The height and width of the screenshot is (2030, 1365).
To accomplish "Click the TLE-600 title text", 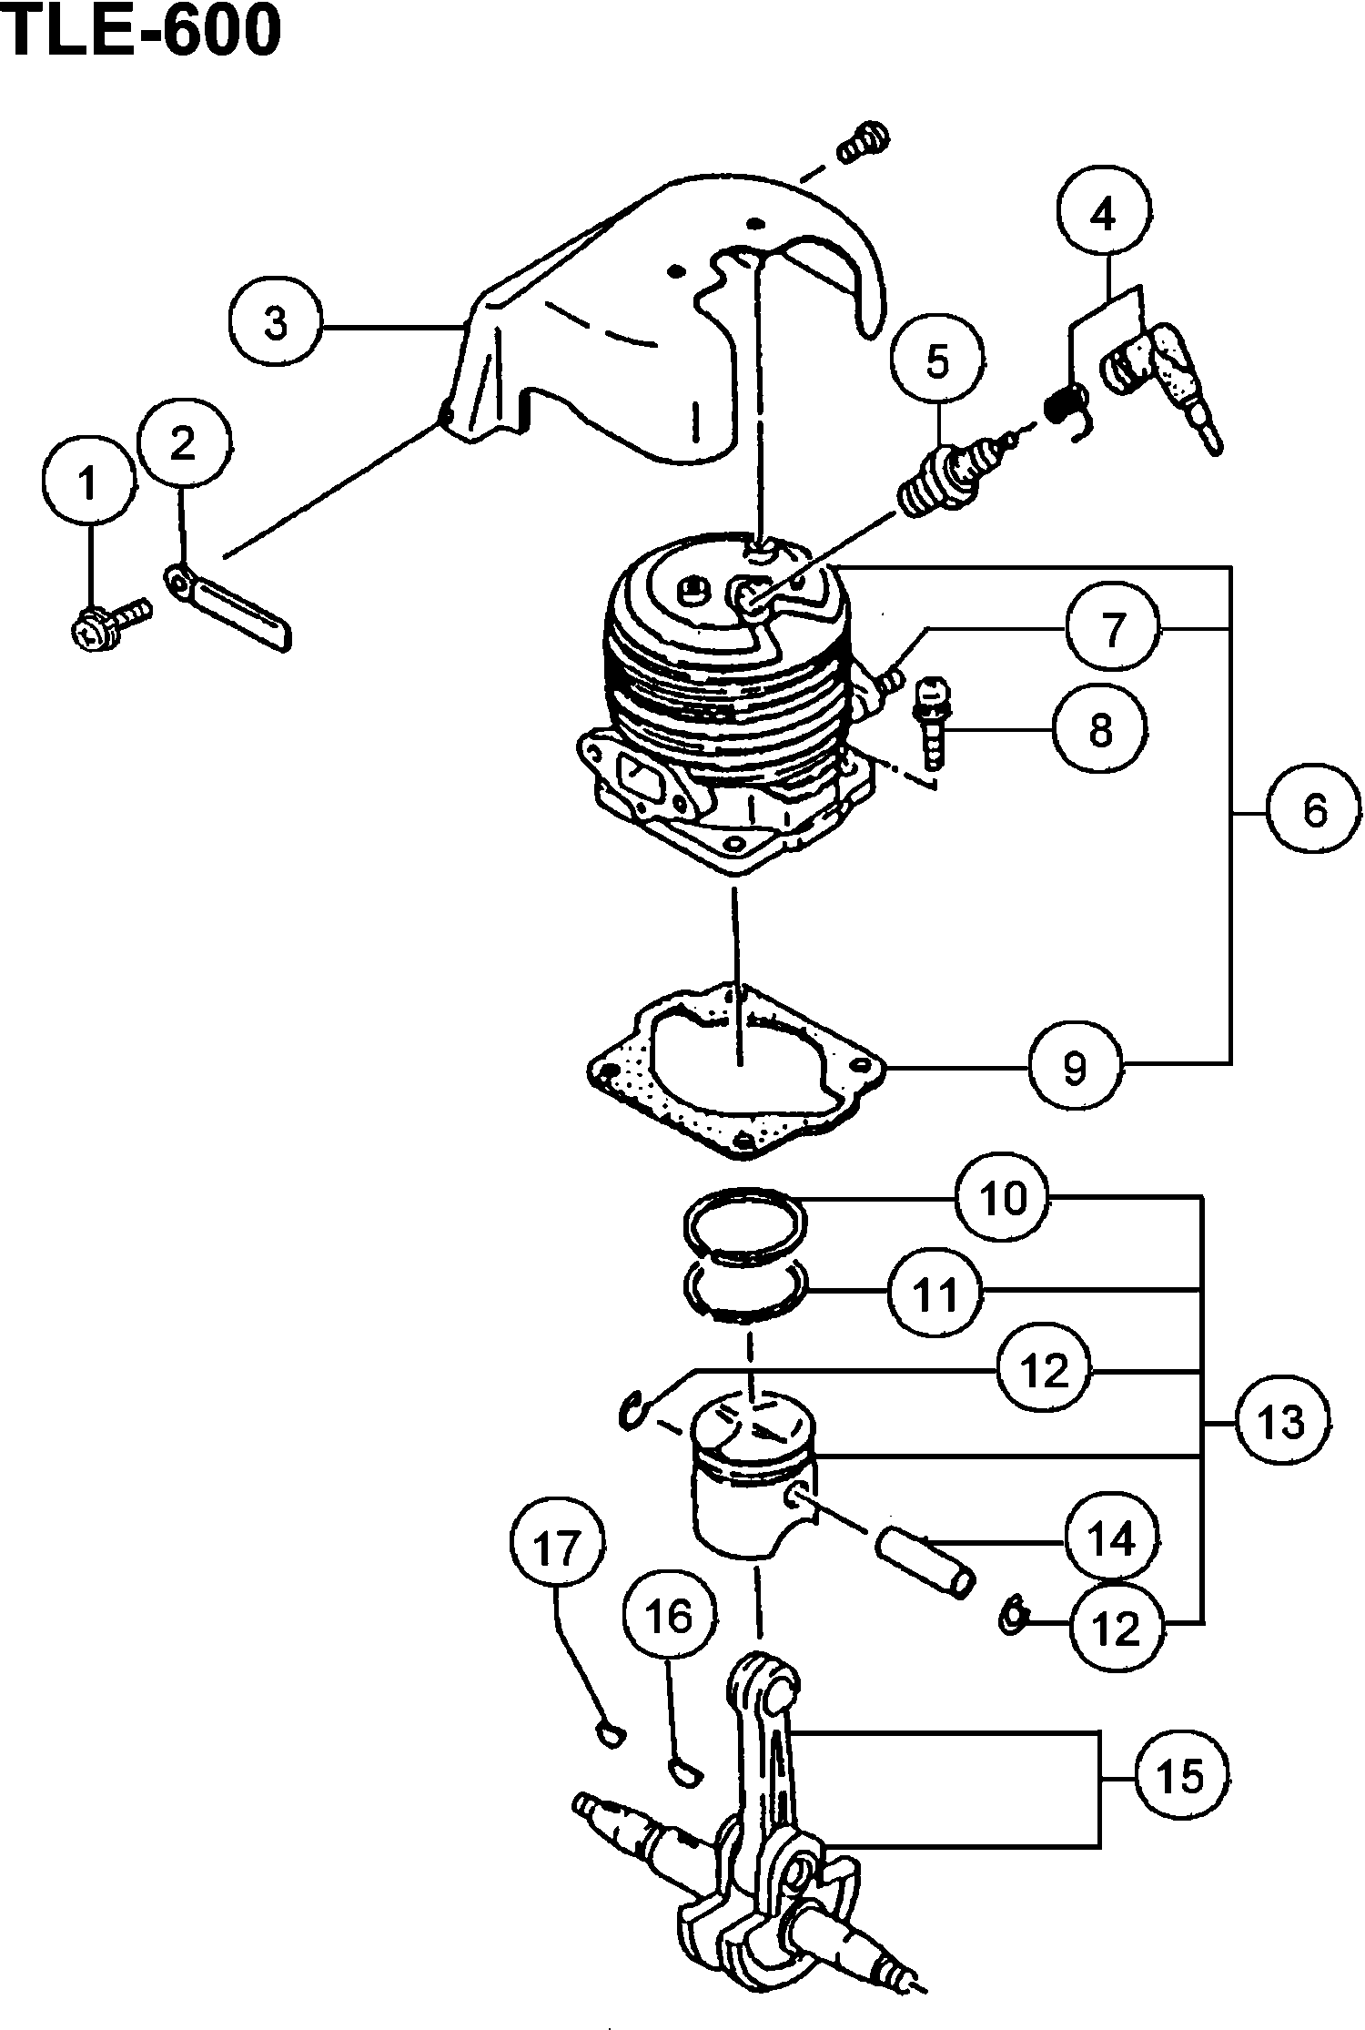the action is tap(141, 34).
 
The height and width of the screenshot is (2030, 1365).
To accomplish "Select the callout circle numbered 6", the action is tap(1315, 809).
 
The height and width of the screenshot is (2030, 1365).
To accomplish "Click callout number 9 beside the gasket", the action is tap(1075, 1066).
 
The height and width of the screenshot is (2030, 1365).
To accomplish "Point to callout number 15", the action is tap(1182, 1776).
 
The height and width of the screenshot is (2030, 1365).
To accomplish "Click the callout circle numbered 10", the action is tap(1003, 1198).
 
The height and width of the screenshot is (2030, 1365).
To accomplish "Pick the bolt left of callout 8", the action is tap(931, 723).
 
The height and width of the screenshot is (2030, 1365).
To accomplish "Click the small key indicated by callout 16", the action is tap(682, 1771).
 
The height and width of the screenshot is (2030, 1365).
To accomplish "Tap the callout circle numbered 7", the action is tap(1114, 629).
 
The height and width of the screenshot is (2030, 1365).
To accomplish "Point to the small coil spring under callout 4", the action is tap(1067, 408).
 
